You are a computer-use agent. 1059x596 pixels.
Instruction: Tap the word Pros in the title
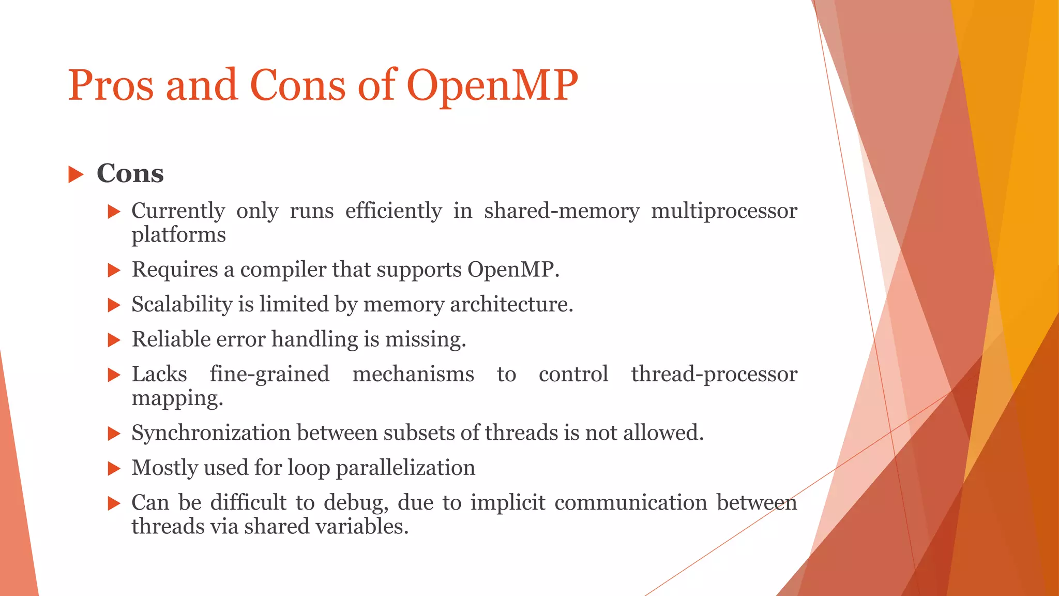(111, 85)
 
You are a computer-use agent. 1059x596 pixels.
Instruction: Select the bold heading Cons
(130, 173)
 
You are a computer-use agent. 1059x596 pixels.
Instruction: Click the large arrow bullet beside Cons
(75, 174)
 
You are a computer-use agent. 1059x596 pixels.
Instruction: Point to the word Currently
(178, 211)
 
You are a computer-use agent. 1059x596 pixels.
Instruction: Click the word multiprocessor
(724, 211)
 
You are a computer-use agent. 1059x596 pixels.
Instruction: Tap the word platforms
(178, 235)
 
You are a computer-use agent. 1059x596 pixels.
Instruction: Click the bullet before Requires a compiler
(114, 270)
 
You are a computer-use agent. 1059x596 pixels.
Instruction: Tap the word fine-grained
(269, 374)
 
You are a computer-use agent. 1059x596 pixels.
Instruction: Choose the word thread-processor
(714, 374)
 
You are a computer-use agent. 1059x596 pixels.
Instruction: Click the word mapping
(177, 398)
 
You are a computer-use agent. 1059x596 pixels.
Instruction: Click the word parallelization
(405, 468)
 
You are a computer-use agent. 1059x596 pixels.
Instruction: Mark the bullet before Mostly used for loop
(114, 469)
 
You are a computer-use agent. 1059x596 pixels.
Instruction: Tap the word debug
(356, 503)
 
